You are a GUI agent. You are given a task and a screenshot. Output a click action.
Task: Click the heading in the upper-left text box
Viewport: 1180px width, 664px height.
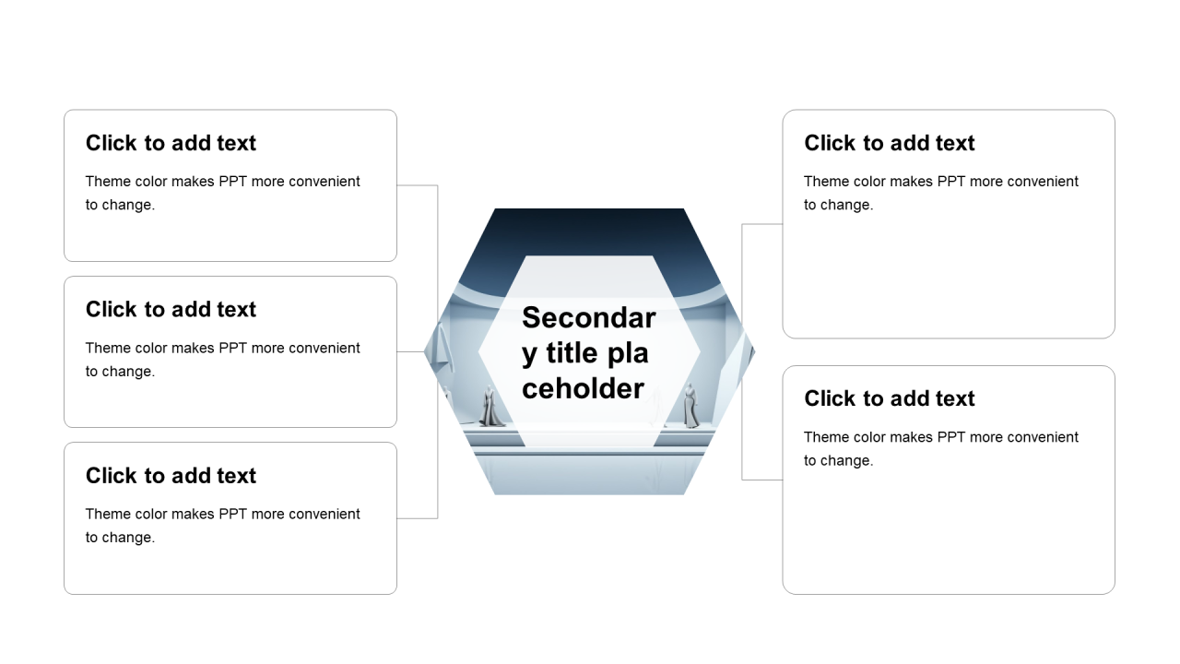[171, 143]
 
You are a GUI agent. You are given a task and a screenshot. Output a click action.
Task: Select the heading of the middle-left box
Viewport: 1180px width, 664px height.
[171, 309]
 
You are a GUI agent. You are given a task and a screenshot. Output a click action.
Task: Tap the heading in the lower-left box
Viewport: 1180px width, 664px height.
[171, 476]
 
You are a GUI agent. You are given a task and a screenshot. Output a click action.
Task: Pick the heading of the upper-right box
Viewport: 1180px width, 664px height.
[890, 143]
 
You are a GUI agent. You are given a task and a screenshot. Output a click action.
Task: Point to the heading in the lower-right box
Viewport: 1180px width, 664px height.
[890, 399]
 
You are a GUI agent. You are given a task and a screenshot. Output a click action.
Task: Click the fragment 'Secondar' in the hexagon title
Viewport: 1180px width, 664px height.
[589, 318]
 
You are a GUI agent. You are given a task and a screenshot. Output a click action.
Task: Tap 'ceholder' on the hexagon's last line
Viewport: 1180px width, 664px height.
[583, 389]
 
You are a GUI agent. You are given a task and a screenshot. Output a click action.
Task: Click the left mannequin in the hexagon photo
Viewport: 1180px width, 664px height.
[490, 406]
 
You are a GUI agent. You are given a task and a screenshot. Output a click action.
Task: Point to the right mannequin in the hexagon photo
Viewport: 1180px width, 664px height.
[690, 406]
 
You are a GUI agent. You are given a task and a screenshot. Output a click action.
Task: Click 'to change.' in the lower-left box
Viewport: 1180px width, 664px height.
[120, 538]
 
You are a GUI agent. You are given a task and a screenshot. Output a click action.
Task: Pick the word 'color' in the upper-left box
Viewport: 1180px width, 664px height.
[151, 182]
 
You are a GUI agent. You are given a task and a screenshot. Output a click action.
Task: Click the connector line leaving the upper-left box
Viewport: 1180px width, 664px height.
[418, 185]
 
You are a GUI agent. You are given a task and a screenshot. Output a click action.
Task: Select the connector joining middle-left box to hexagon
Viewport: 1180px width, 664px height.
[410, 351]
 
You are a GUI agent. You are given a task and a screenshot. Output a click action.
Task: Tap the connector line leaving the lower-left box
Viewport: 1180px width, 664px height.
[418, 518]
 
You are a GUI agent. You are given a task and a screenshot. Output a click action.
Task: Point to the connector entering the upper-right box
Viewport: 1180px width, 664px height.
[762, 224]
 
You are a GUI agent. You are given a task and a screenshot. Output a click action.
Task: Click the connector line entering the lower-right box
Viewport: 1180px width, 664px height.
[762, 480]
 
